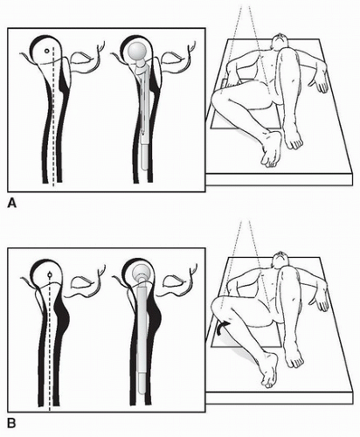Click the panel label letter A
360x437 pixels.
point(11,203)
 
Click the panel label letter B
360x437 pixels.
point(11,423)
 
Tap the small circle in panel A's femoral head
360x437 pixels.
point(46,51)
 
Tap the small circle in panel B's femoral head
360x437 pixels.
point(50,274)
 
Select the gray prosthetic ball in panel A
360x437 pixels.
point(137,52)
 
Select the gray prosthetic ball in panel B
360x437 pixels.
point(142,272)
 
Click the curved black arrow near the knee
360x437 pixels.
point(222,328)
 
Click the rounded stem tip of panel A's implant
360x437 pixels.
point(144,167)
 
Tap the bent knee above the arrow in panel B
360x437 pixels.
point(221,309)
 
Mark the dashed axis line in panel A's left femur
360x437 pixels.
point(53,116)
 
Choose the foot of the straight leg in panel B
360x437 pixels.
point(294,354)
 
